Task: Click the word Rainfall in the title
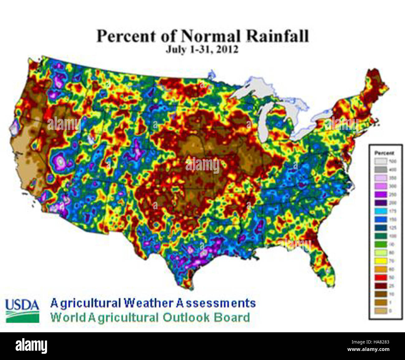click(278, 36)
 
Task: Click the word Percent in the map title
click(126, 36)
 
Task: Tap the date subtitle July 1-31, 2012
click(202, 50)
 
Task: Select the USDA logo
click(22, 310)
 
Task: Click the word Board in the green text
click(232, 318)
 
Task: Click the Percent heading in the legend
click(384, 153)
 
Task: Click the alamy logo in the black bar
click(31, 346)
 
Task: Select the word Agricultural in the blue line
click(85, 303)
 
